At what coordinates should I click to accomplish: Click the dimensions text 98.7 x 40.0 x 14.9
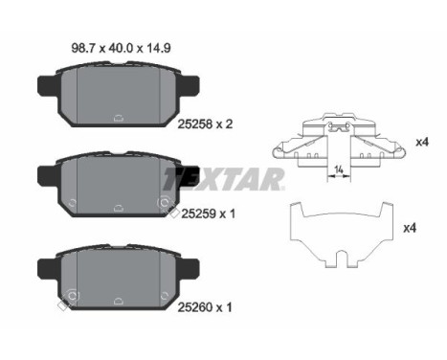121,48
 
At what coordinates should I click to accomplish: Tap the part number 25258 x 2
205,124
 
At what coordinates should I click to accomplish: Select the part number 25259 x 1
208,214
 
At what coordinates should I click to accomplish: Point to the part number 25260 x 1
205,307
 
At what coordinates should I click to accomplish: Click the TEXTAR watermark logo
223,179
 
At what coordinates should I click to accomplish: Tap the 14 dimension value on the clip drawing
339,169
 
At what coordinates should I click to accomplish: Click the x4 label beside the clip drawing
422,142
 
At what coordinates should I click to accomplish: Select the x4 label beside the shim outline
410,228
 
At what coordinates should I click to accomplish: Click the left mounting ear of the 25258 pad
48,85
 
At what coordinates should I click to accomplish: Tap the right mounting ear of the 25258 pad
190,85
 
